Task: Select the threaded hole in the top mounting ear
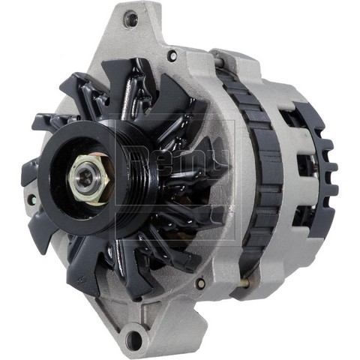tap(132, 18)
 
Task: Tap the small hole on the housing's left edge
tap(32, 202)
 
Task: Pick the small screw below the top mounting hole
tap(172, 55)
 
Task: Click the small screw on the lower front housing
tap(199, 283)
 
